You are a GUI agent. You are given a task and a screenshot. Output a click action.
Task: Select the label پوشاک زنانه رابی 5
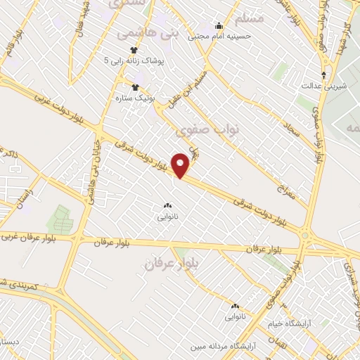(x=136, y=61)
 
